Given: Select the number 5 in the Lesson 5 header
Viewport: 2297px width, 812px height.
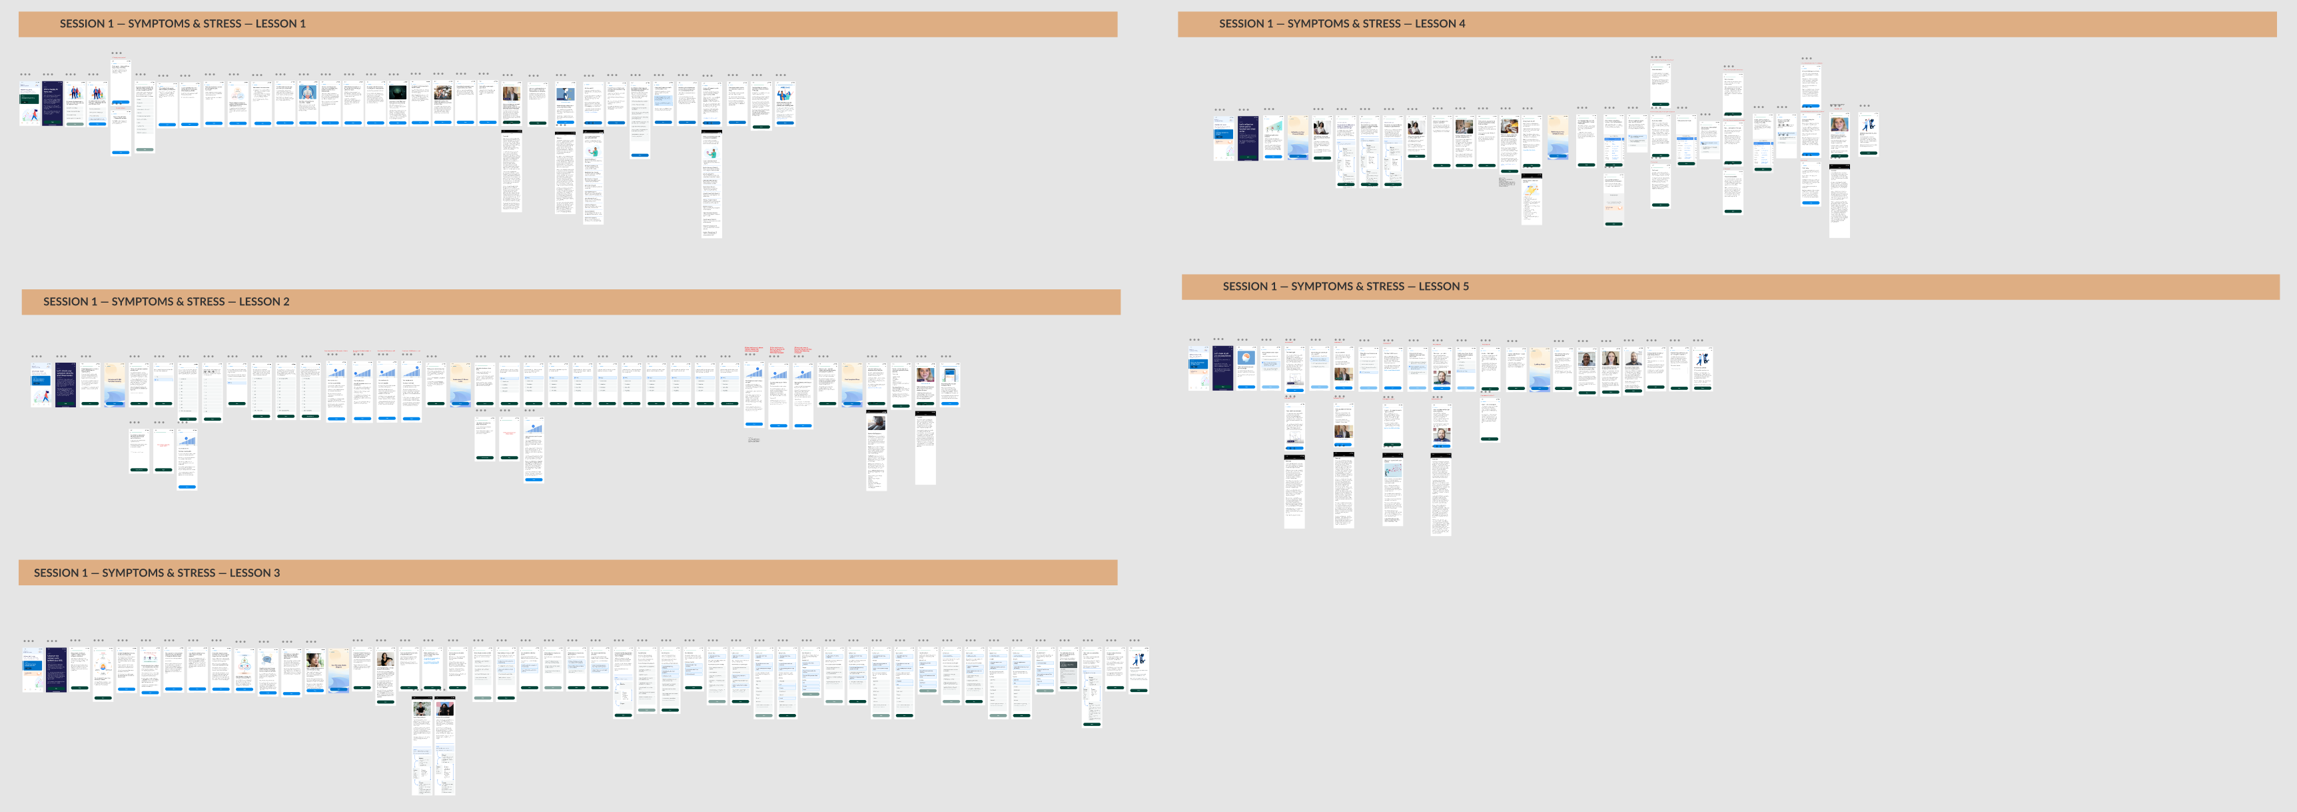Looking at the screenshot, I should pos(1465,287).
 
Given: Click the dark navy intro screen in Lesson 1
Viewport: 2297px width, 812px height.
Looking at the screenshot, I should pos(53,103).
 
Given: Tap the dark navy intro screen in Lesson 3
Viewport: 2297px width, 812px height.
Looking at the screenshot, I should pos(56,670).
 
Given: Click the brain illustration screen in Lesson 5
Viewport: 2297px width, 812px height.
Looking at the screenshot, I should pos(1246,367).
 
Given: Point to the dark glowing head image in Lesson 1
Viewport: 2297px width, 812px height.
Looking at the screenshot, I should pos(398,93).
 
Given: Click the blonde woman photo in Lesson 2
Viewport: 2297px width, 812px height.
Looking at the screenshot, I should pos(925,375).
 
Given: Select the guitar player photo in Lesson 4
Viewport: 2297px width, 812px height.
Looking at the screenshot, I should pos(1509,127).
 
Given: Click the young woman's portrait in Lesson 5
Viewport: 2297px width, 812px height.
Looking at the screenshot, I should pos(1610,359).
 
